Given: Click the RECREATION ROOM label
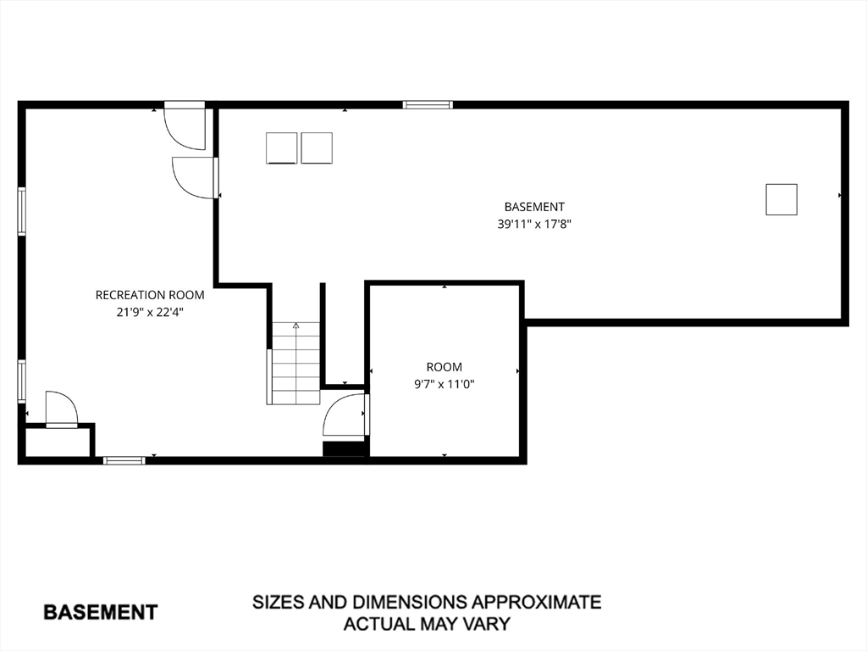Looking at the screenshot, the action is pyautogui.click(x=150, y=295).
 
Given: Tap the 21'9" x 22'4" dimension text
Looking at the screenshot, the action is pyautogui.click(x=150, y=312).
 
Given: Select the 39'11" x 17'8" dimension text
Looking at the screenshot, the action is pyautogui.click(x=534, y=224).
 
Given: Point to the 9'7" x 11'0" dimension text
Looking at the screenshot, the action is pyautogui.click(x=445, y=384).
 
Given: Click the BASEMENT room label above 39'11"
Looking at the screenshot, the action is pyautogui.click(x=534, y=207).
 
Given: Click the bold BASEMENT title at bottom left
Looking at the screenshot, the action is pyautogui.click(x=101, y=612).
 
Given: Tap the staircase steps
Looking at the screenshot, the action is pyautogui.click(x=295, y=363).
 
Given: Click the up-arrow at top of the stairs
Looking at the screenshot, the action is pyautogui.click(x=295, y=325).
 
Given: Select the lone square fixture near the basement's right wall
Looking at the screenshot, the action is pyautogui.click(x=781, y=199).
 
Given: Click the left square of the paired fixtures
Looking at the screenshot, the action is pyautogui.click(x=281, y=148).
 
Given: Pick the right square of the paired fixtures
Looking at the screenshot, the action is pyautogui.click(x=317, y=148).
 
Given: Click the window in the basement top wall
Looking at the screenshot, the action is pyautogui.click(x=428, y=104).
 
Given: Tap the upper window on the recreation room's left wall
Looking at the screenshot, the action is pyautogui.click(x=21, y=211).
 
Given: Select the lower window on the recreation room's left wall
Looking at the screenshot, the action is pyautogui.click(x=21, y=381).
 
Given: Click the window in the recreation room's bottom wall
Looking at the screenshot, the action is pyautogui.click(x=124, y=460).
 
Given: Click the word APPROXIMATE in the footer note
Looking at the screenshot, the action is pyautogui.click(x=536, y=602).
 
